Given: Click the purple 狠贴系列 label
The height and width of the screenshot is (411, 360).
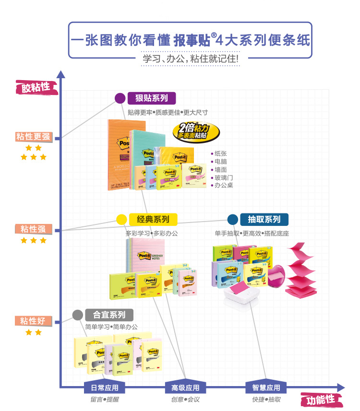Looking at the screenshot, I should (152, 98).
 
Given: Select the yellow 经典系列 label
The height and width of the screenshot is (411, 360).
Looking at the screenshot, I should (153, 220).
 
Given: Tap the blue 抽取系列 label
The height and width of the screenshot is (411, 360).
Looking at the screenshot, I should (264, 220).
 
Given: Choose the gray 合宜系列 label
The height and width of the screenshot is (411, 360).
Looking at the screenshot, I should (109, 315).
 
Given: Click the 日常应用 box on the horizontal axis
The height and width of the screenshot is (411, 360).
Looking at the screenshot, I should (101, 388).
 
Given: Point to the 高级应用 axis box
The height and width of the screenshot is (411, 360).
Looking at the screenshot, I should (185, 388).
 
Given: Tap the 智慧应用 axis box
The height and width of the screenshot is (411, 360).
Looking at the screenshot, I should (266, 388).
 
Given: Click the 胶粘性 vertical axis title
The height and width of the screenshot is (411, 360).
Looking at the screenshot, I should (36, 87).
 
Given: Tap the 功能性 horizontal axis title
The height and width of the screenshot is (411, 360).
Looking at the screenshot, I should (321, 399).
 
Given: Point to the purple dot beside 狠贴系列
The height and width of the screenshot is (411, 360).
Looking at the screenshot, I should (120, 98).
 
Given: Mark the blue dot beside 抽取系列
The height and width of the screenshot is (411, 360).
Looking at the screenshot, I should (233, 220).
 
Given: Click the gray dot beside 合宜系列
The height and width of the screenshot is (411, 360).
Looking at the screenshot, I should (77, 315).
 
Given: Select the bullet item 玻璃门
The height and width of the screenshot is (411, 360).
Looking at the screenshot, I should (224, 177).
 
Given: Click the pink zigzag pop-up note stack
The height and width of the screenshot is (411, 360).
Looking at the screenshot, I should (301, 270).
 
